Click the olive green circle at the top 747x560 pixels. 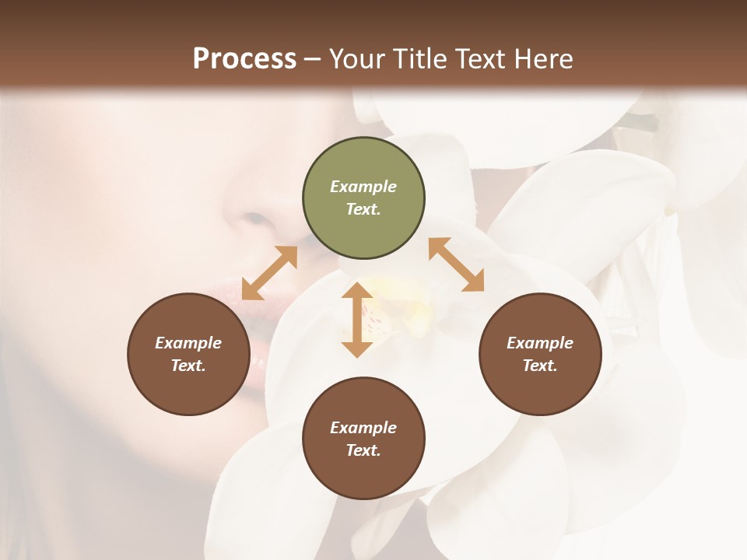[x=363, y=198]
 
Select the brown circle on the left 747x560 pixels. [x=188, y=354]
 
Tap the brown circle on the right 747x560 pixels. [x=539, y=354]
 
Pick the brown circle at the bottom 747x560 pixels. [x=363, y=439]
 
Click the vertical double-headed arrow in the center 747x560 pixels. [x=357, y=320]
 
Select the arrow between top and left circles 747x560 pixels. [x=269, y=273]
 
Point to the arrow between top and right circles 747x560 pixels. [x=456, y=265]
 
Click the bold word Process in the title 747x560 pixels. [x=244, y=58]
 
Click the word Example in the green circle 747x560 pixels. [x=363, y=187]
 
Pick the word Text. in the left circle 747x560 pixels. [x=188, y=366]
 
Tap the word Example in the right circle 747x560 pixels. [x=539, y=343]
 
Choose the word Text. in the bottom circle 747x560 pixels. [x=363, y=450]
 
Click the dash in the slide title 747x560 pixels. [x=313, y=58]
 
